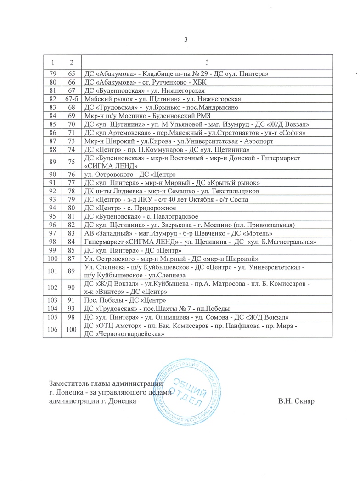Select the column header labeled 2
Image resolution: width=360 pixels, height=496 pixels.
[71, 62]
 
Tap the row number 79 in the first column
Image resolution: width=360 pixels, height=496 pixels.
[52, 74]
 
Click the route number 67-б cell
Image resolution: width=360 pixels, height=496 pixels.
[71, 99]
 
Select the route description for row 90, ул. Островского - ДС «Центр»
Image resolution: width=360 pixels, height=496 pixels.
[129, 174]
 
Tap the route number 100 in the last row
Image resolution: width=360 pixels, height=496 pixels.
[71, 329]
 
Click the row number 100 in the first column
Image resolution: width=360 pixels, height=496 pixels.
[52, 259]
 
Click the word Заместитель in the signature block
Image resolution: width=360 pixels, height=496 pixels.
[70, 383]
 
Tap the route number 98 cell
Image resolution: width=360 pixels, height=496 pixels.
[71, 317]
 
